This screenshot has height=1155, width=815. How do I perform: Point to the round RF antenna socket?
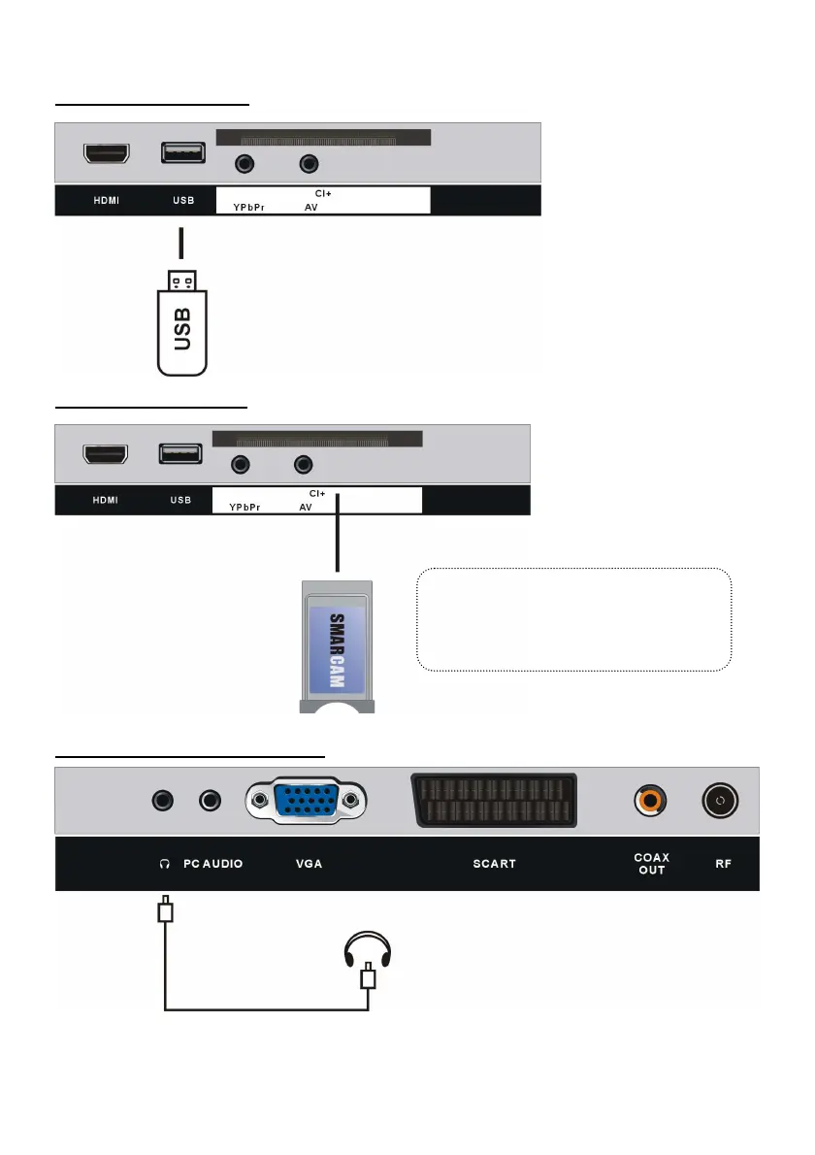719,802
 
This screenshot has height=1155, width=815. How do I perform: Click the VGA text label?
309,863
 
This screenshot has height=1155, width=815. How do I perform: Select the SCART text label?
494,863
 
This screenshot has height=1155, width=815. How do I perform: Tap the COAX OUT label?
651,863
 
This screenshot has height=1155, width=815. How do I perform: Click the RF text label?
724,863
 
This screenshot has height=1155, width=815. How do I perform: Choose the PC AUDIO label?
213,863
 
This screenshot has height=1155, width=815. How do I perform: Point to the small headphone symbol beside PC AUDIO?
165,863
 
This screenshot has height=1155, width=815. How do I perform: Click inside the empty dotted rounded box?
572,620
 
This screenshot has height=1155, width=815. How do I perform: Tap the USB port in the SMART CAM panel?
180,453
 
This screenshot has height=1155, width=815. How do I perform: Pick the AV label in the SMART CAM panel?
306,507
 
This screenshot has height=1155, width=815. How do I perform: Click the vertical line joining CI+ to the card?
338,535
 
